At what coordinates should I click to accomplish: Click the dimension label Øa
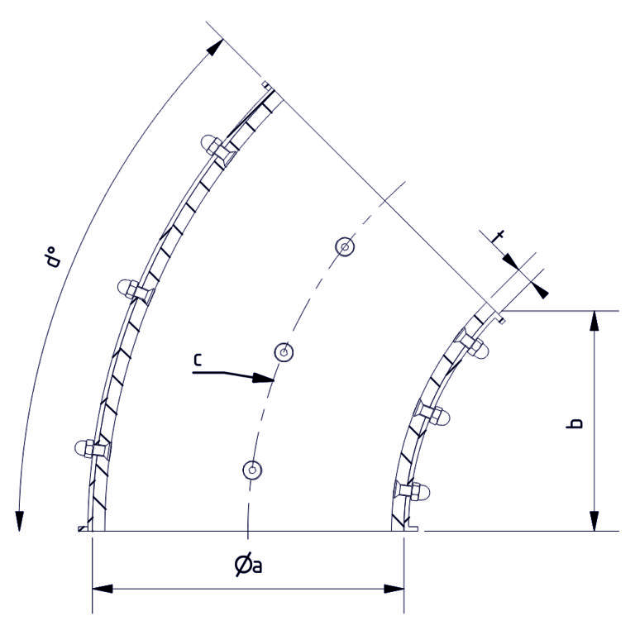pyautogui.click(x=249, y=566)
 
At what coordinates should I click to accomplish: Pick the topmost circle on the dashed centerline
pyautogui.click(x=345, y=246)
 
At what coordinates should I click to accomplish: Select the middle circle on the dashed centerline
pyautogui.click(x=284, y=352)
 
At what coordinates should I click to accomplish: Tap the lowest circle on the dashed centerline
pyautogui.click(x=252, y=470)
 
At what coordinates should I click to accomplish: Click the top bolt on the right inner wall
pyautogui.click(x=477, y=347)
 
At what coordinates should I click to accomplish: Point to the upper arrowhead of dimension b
pyautogui.click(x=593, y=320)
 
